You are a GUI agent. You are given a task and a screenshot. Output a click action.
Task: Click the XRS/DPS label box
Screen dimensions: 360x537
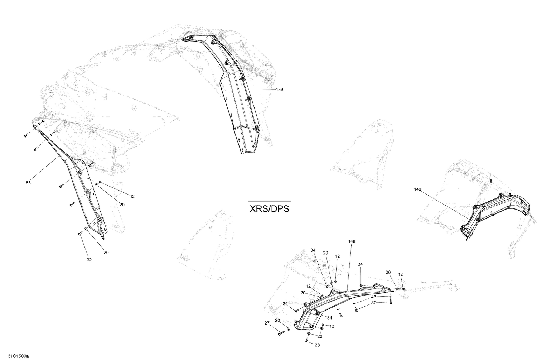[x=270, y=209]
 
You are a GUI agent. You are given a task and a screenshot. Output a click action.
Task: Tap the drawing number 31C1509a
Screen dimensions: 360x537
[x=15, y=356]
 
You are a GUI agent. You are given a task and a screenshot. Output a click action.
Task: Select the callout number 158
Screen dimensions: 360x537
[x=27, y=183]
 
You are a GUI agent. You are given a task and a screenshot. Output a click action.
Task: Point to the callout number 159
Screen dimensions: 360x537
[x=280, y=90]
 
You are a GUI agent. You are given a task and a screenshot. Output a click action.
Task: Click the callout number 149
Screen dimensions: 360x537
[x=418, y=189]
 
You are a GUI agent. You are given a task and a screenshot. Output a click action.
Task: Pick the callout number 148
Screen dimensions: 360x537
[x=352, y=241]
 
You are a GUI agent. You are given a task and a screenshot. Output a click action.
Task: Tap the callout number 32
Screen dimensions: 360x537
[x=89, y=260]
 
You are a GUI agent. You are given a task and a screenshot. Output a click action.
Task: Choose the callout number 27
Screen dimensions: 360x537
[x=267, y=323]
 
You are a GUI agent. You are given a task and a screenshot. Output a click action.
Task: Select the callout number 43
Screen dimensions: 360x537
[x=373, y=297]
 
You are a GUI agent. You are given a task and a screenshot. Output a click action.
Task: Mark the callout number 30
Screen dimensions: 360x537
[x=373, y=303]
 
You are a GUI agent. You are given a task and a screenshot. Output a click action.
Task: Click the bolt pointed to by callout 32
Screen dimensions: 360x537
[x=80, y=233]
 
